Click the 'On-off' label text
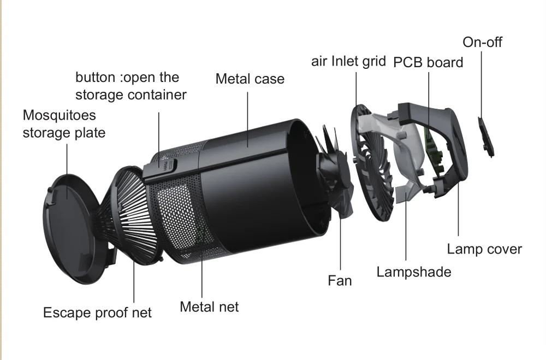pos(482,42)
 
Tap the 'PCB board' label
pos(428,62)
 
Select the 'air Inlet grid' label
pos(348,61)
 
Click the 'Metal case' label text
pos(250,79)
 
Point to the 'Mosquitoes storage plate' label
pos(64,124)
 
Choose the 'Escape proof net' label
pos(97,313)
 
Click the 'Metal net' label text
pos(209,307)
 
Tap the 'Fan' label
pos(340,281)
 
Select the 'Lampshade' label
pos(414,272)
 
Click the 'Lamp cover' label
pos(484,250)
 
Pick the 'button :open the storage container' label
pos(131,86)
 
